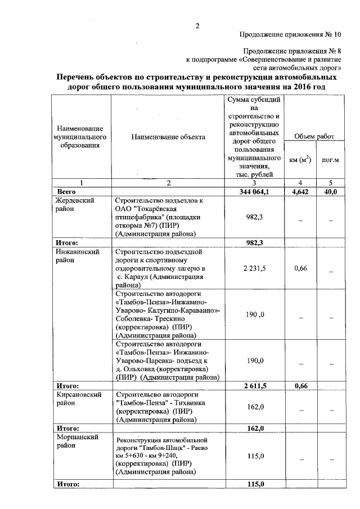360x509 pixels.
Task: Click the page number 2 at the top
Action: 197,25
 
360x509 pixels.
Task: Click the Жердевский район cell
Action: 74,204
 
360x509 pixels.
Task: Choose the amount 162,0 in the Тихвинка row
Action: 255,407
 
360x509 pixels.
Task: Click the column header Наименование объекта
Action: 168,137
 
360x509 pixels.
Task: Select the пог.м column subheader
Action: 330,160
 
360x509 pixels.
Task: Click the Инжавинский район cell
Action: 78,256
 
